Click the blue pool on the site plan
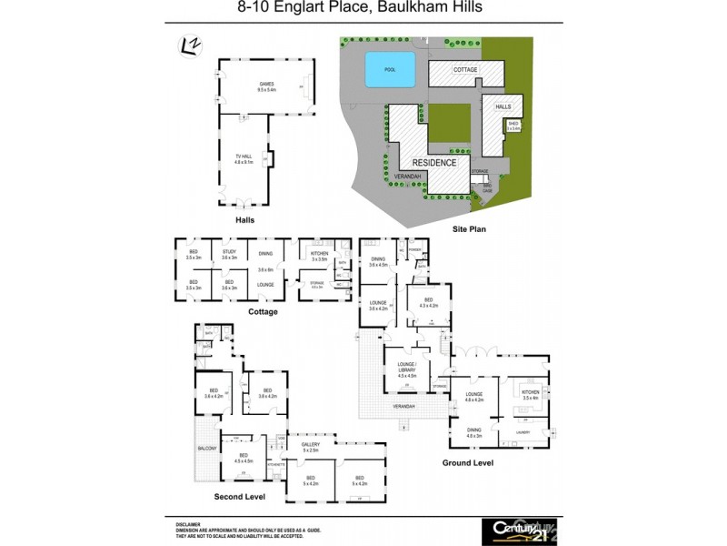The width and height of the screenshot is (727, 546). (390, 69)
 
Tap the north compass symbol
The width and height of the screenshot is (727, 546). (190, 45)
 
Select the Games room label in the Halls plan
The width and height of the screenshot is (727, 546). (266, 85)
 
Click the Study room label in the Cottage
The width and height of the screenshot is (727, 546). (229, 254)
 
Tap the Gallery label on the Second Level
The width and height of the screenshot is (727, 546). (311, 448)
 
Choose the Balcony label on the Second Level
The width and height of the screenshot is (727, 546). (206, 449)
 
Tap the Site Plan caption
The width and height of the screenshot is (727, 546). (470, 229)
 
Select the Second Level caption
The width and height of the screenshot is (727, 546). (239, 497)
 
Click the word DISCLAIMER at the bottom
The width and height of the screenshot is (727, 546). (189, 524)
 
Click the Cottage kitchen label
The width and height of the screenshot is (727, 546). (319, 254)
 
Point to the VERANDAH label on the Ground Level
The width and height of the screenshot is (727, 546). (404, 406)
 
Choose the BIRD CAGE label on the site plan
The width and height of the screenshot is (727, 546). (487, 188)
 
